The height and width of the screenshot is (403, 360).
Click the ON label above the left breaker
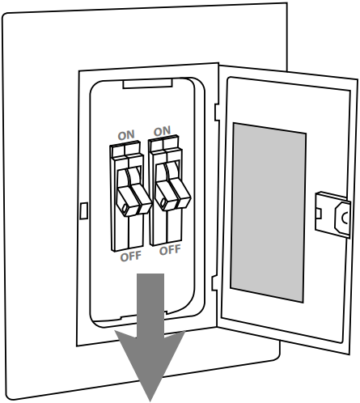[x=125, y=135]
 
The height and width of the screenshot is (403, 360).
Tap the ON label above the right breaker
[x=162, y=130]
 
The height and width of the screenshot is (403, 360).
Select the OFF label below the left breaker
[x=130, y=257]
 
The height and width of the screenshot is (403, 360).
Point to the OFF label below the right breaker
[x=169, y=250]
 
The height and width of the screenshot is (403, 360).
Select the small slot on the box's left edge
[x=84, y=211]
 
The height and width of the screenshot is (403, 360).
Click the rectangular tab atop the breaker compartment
[x=146, y=83]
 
